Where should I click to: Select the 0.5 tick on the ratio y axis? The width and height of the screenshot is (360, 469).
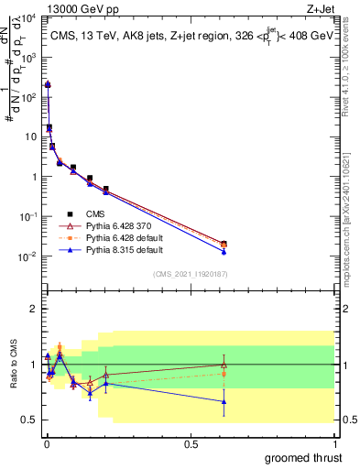pos(30,420)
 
